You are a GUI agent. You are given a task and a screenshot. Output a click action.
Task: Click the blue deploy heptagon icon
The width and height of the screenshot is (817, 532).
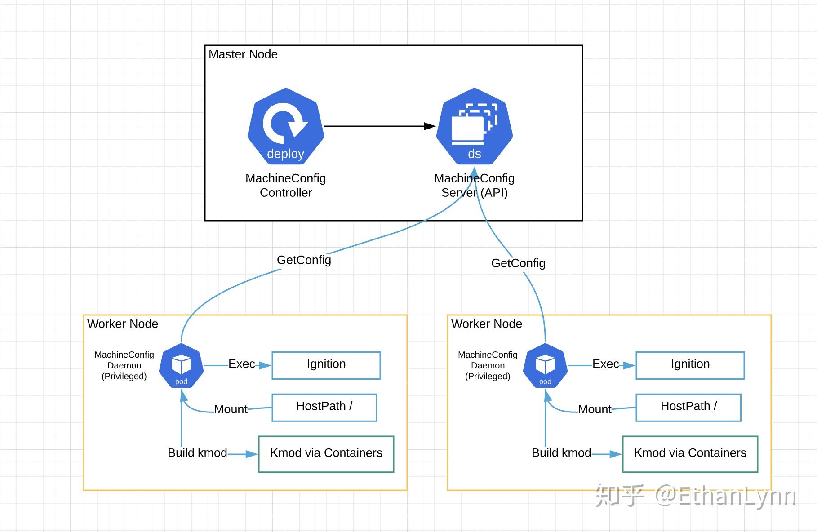[286, 126]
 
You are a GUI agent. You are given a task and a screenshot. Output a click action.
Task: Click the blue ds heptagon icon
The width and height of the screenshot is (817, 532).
[475, 126]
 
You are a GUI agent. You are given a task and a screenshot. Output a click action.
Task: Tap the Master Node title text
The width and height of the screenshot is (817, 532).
[243, 54]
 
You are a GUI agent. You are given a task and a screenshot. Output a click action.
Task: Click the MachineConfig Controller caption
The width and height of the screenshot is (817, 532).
[286, 185]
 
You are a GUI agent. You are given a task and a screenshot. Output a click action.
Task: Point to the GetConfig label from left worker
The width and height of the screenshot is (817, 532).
[304, 260]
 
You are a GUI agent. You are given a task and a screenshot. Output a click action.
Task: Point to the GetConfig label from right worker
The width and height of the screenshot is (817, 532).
[518, 263]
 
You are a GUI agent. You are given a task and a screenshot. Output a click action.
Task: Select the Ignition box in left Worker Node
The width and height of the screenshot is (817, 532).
[326, 365]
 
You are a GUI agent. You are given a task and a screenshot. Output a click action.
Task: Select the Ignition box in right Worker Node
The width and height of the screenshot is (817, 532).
[690, 365]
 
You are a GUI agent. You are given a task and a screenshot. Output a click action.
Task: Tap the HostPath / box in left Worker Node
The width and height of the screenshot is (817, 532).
[324, 408]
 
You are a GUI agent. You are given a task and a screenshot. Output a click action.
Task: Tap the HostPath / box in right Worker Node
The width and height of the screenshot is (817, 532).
[688, 408]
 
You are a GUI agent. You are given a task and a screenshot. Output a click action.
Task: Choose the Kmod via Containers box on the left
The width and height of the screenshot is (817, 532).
[326, 454]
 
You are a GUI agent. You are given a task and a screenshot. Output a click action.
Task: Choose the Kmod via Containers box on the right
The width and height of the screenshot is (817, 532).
[690, 454]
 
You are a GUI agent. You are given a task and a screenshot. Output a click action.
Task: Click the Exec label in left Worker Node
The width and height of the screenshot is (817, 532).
[242, 364]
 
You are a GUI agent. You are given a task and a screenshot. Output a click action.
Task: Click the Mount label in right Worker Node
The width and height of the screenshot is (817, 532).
[595, 409]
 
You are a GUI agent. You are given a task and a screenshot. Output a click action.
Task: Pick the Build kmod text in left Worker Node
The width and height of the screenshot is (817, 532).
[197, 453]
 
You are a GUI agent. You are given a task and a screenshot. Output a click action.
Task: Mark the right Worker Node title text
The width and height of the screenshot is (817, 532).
[487, 324]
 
